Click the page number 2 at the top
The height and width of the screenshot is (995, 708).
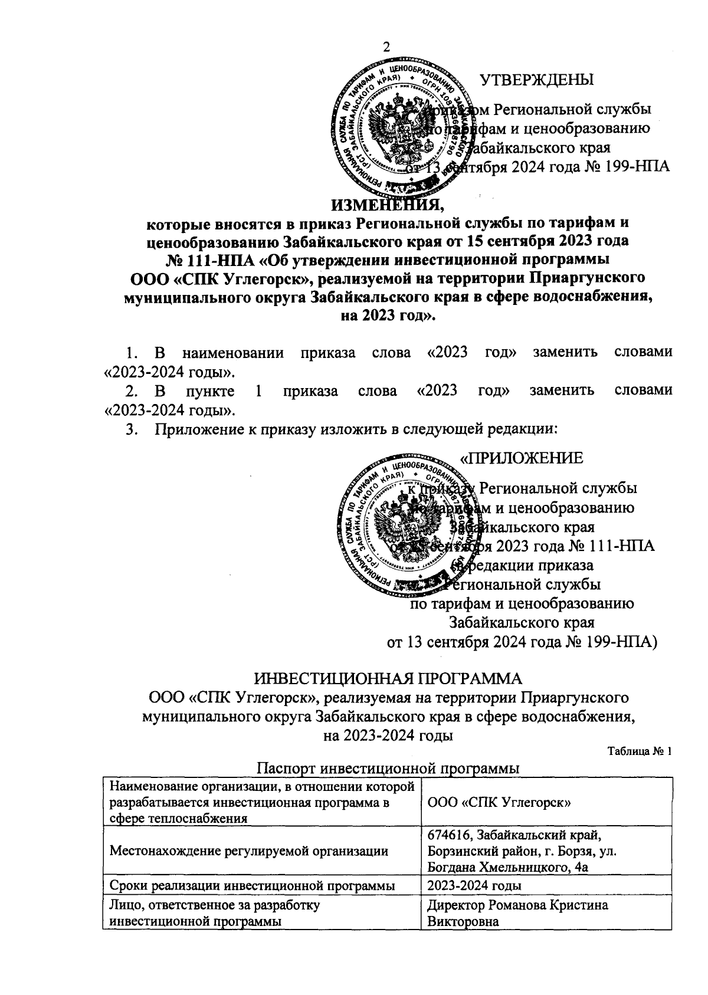click(x=388, y=47)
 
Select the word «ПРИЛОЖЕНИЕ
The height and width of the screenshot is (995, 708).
click(x=522, y=458)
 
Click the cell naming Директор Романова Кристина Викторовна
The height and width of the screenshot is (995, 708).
click(x=517, y=913)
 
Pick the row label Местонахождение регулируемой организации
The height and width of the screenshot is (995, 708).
click(x=248, y=851)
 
